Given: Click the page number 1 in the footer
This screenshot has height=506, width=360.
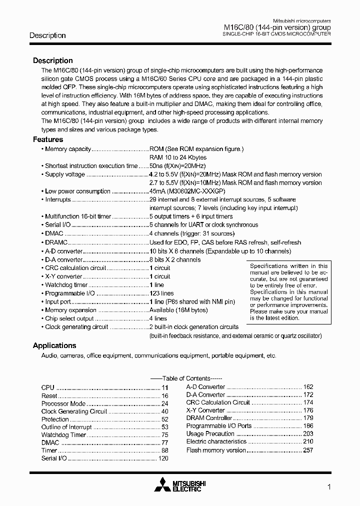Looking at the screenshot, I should click(x=328, y=486).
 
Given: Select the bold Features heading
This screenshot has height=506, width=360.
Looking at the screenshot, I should click(x=48, y=139).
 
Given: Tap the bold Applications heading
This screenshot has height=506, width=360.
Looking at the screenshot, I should click(x=54, y=345).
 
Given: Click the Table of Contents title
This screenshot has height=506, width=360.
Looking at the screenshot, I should click(x=186, y=378).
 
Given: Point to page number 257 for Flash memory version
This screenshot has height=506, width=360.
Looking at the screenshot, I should click(x=308, y=450).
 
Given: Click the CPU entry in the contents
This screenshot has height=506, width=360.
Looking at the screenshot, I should click(x=47, y=387).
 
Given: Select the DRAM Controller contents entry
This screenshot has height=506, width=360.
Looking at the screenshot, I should click(x=209, y=418).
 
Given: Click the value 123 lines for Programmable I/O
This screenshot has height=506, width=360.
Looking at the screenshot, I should click(x=161, y=293).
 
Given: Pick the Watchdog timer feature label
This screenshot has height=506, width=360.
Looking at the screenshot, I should click(x=66, y=285).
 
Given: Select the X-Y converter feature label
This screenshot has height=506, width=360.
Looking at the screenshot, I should click(x=63, y=276).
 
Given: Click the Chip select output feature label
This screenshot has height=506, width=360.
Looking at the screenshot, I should click(x=69, y=318).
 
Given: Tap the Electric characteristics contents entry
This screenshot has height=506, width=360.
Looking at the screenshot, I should click(x=216, y=441).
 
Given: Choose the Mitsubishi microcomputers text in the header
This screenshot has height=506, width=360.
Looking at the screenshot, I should click(x=301, y=21).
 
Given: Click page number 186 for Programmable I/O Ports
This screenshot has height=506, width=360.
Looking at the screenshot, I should click(x=308, y=426).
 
